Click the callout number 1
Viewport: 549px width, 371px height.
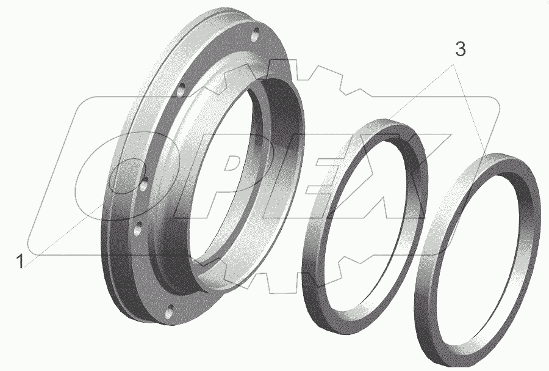(x=20, y=262)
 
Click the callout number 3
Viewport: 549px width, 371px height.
(x=461, y=50)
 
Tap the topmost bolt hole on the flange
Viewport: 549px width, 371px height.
(x=256, y=34)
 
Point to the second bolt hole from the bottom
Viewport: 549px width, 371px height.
(x=138, y=229)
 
